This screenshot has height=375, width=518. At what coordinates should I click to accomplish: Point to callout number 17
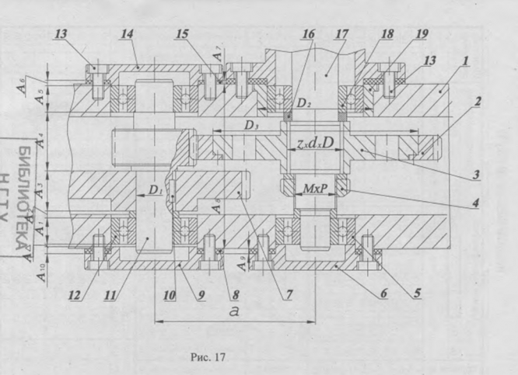click(x=341, y=34)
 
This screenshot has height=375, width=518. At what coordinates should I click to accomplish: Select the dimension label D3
click(x=250, y=124)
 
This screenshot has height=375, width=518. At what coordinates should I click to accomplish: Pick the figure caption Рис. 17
click(x=207, y=357)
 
